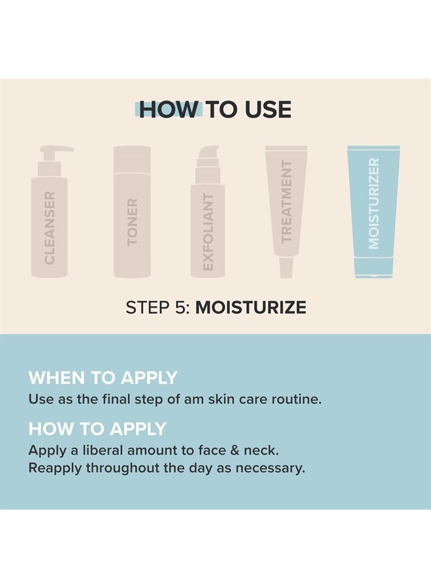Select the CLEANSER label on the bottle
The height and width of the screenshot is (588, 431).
(50, 227)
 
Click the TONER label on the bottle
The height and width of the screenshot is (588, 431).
(133, 222)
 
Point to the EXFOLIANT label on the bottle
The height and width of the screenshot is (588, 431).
(208, 232)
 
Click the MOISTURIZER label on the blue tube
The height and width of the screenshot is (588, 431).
(374, 203)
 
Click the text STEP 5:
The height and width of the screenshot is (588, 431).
(158, 308)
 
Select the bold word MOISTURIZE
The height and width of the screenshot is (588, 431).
(251, 308)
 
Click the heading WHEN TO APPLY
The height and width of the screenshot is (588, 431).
(103, 378)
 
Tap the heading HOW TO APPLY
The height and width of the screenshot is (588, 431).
(97, 429)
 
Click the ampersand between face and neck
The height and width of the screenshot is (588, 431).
(239, 451)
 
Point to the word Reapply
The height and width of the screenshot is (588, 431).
(54, 468)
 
